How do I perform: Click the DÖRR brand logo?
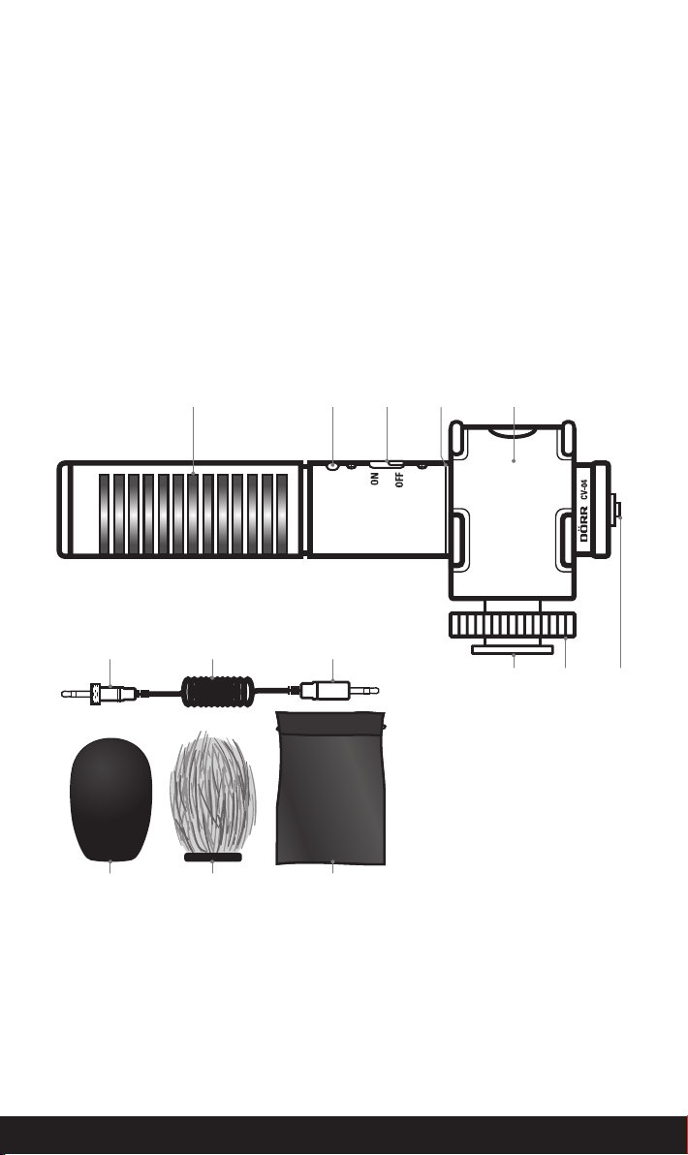(584, 524)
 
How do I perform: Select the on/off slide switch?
(387, 464)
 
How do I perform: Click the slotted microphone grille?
(193, 515)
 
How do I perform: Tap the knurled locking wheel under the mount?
(513, 625)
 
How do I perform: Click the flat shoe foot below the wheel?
(513, 649)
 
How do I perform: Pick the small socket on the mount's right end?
(617, 510)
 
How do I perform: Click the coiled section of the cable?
(218, 692)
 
